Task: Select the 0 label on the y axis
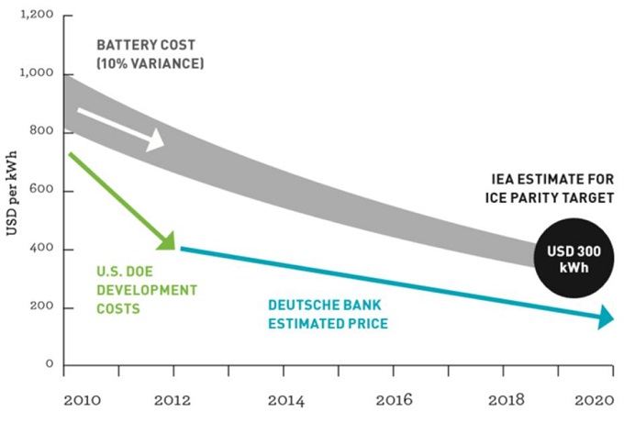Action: [50, 365]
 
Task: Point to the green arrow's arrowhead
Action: [166, 240]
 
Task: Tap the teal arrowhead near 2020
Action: [605, 318]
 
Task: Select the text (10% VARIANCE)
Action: [150, 63]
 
